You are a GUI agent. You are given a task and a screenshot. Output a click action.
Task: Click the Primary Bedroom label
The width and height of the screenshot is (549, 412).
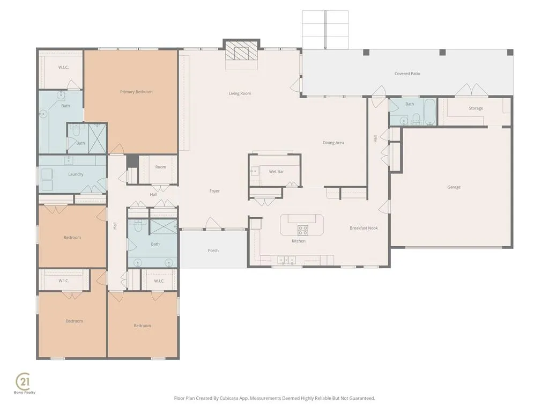coord(136,92)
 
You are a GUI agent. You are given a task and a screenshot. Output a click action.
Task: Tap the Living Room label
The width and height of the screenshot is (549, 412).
coord(240,93)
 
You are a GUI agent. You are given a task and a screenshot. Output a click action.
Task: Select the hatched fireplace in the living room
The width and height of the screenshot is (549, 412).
coord(241,51)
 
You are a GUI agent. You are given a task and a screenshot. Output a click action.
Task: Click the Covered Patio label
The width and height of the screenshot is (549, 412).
coord(407,73)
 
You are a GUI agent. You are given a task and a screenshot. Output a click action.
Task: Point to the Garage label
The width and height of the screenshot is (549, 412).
coord(454,187)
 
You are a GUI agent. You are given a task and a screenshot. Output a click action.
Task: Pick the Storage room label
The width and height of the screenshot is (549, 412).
coord(476,108)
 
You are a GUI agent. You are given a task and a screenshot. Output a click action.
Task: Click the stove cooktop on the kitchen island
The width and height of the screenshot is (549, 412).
coord(303,230)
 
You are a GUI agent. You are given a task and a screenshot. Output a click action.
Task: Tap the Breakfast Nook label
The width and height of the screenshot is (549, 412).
coord(364,228)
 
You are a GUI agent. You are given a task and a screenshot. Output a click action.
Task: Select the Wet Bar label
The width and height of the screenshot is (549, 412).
coord(276,172)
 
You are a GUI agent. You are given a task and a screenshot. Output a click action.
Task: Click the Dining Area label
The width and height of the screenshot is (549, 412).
coord(333,143)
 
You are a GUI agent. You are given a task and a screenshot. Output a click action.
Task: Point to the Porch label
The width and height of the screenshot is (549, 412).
coord(213,251)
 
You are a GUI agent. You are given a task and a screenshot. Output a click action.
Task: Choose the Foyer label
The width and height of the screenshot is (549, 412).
coord(214,191)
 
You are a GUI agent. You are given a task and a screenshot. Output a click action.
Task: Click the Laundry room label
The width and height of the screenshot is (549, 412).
coord(76,174)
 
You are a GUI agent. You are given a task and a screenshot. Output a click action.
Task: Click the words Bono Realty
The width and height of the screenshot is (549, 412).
coord(25,392)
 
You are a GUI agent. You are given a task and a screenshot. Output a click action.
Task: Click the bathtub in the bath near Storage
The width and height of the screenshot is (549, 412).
coord(429,112)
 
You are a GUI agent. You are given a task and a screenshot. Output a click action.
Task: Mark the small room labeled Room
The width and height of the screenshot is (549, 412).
coord(161,167)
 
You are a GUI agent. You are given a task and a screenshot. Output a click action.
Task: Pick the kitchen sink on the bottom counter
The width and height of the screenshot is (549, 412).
coord(286,260)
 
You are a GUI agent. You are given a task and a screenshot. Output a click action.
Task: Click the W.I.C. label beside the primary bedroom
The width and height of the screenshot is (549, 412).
coord(63,67)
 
